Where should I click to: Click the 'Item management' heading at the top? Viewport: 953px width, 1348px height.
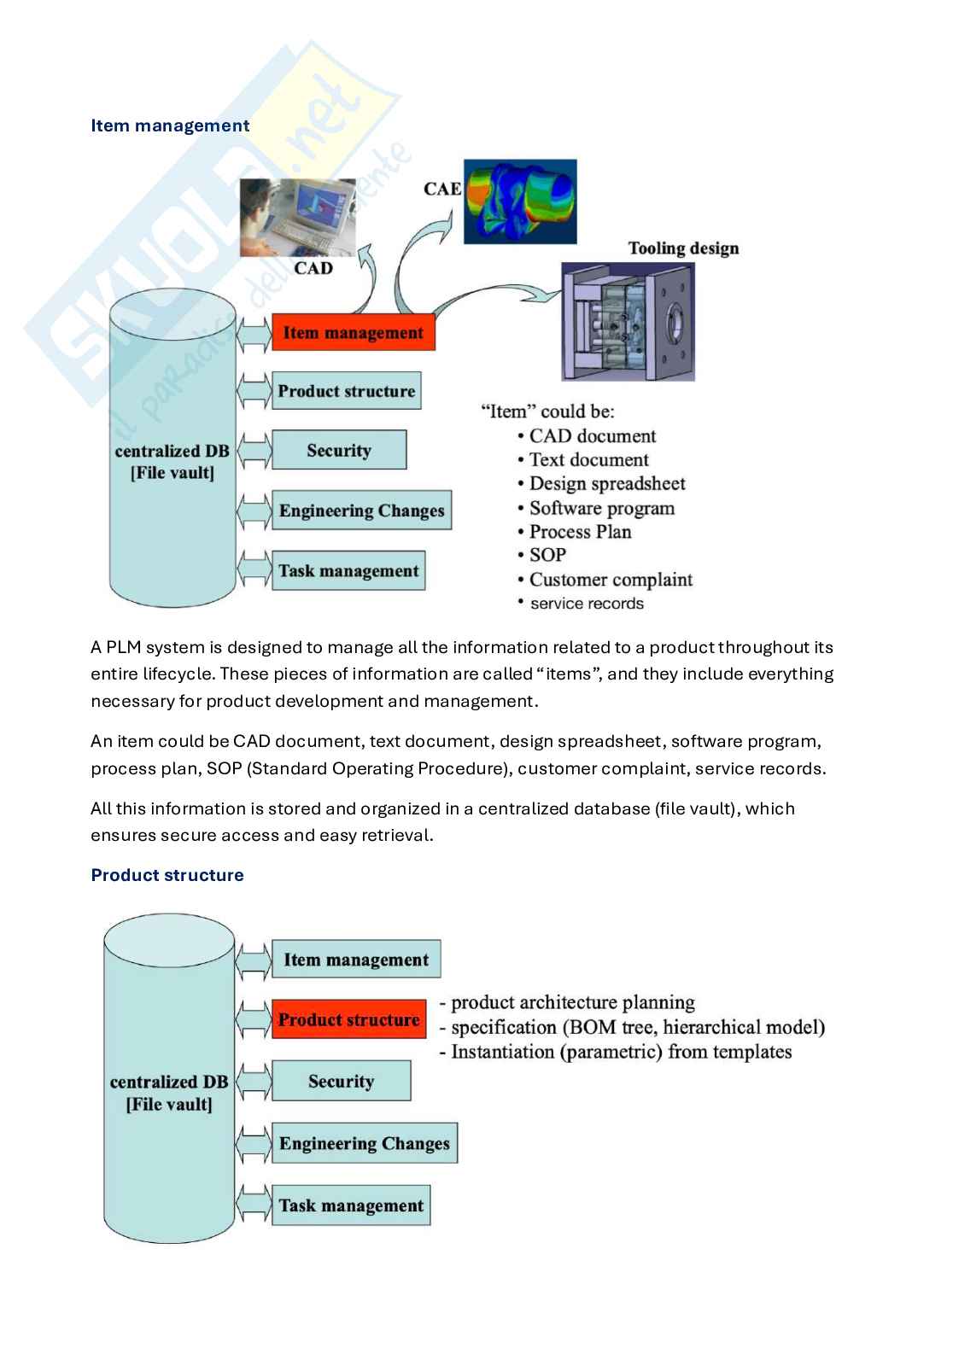pyautogui.click(x=170, y=125)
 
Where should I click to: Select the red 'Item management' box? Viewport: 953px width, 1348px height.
pyautogui.click(x=353, y=332)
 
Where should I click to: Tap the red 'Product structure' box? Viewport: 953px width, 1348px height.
pyautogui.click(x=348, y=1019)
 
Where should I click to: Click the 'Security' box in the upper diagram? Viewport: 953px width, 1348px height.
pyautogui.click(x=338, y=450)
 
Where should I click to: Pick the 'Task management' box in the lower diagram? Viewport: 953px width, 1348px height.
pyautogui.click(x=350, y=1205)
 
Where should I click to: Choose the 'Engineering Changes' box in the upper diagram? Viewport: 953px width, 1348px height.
pyautogui.click(x=361, y=511)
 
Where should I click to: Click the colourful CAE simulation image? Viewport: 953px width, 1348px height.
pyautogui.click(x=519, y=201)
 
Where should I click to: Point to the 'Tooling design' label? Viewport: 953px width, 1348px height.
pyautogui.click(x=683, y=248)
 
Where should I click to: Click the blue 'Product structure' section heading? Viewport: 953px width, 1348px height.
pyautogui.click(x=167, y=875)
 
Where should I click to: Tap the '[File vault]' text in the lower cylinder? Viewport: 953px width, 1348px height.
pyautogui.click(x=169, y=1104)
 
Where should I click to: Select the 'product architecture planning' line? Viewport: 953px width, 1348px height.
pyautogui.click(x=572, y=1002)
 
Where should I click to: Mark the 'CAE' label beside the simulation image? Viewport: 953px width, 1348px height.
pyautogui.click(x=442, y=188)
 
